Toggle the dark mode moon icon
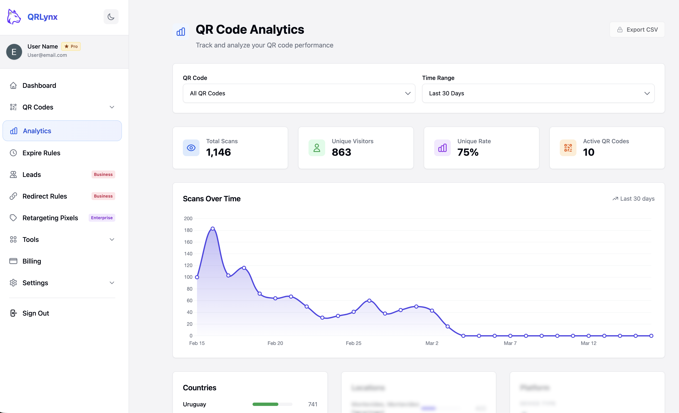point(111,17)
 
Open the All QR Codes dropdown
point(299,93)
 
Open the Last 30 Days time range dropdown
point(538,93)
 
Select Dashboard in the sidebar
point(39,86)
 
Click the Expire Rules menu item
point(41,153)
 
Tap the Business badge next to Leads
point(103,174)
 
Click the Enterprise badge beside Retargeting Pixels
point(102,218)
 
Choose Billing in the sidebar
point(32,261)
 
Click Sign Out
point(36,313)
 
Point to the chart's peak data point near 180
point(212,229)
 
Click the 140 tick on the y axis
point(188,254)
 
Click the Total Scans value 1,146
point(218,152)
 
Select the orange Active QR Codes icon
point(568,148)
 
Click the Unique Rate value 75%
point(468,152)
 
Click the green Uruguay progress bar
point(265,404)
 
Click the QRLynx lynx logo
point(14,17)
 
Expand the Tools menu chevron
point(112,240)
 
